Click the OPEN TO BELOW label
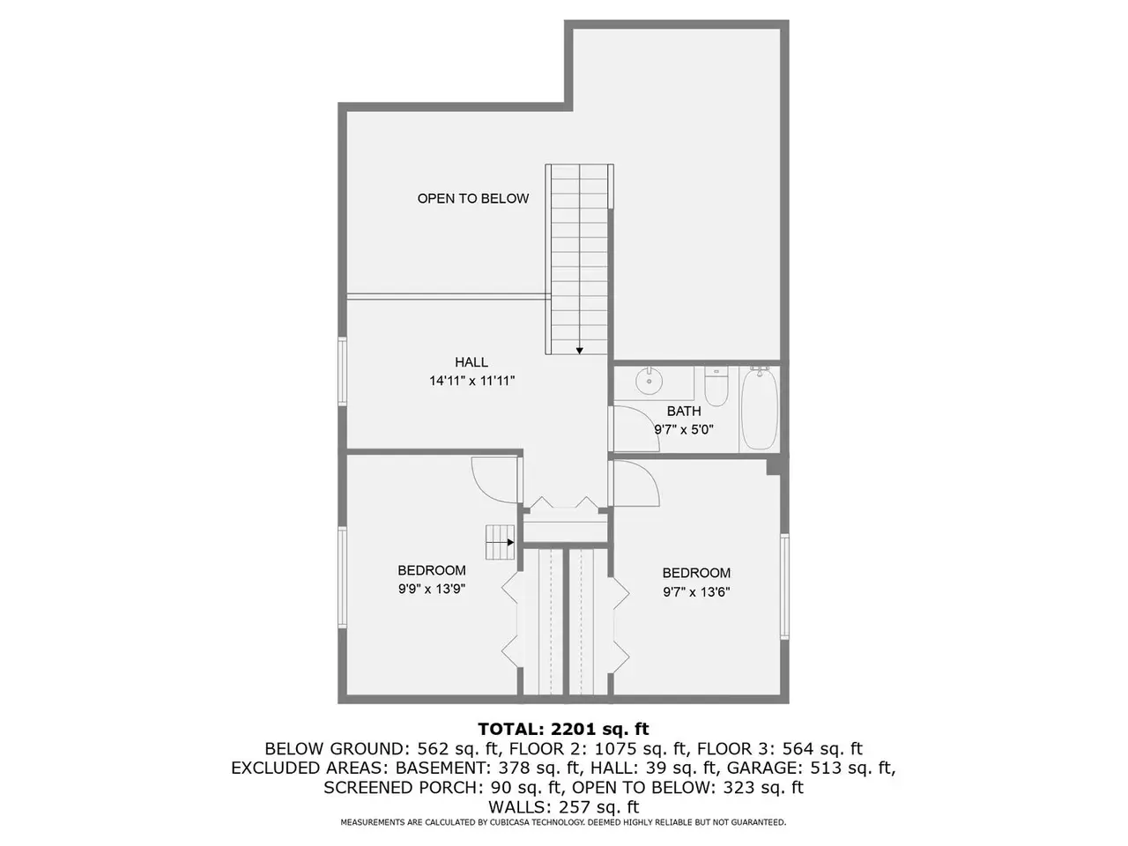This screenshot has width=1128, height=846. [x=472, y=198]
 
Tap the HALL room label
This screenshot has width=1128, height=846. [x=471, y=362]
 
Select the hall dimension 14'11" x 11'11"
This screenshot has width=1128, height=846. [x=471, y=381]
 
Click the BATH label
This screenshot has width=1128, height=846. [x=684, y=411]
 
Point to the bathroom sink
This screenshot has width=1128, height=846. [x=649, y=381]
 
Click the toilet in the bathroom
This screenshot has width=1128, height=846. [x=716, y=386]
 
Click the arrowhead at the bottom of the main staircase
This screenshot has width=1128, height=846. [x=579, y=351]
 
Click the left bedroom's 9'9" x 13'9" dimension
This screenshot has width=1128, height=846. [x=432, y=589]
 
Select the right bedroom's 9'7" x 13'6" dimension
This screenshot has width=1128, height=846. [x=696, y=592]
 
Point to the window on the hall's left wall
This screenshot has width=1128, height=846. [x=342, y=371]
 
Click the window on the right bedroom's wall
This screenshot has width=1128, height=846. [x=784, y=586]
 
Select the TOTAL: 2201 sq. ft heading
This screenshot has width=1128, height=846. [x=563, y=729]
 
